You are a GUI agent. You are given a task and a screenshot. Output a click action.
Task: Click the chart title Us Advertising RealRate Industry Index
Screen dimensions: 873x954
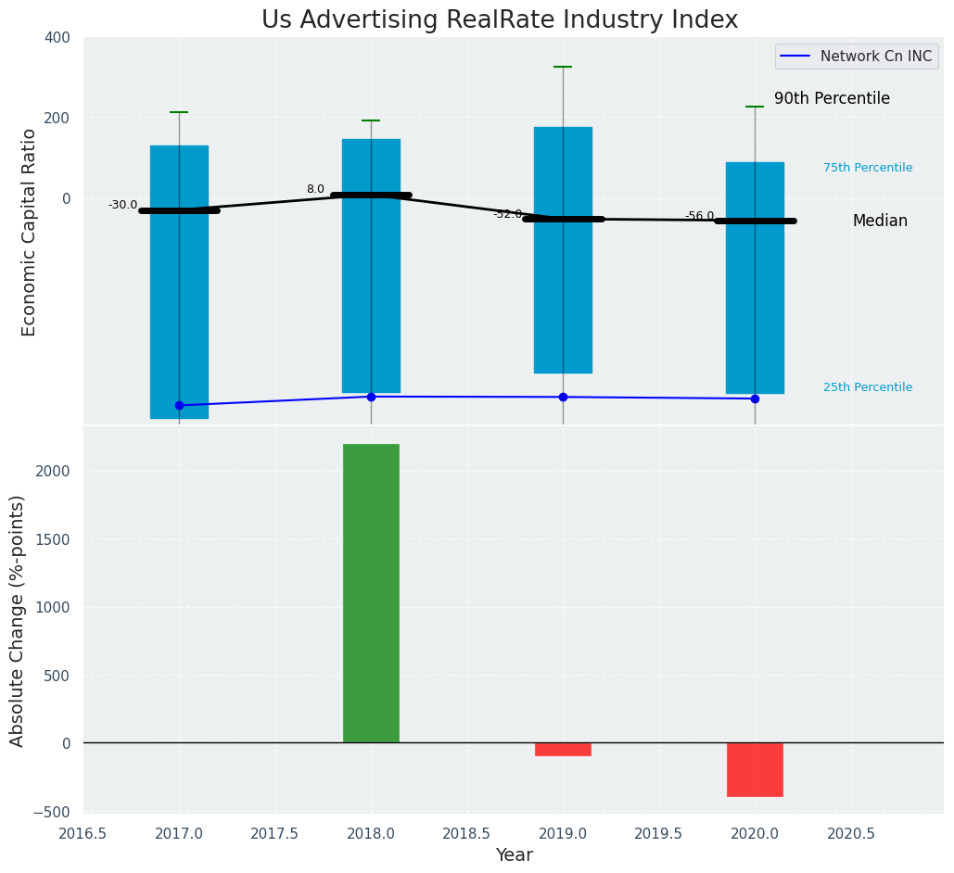pos(500,20)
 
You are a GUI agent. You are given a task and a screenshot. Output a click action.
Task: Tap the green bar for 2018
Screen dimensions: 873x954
pos(371,593)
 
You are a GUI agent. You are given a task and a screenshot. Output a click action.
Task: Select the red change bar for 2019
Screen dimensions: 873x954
pos(563,749)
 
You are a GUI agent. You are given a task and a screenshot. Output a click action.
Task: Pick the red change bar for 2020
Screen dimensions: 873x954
pos(755,769)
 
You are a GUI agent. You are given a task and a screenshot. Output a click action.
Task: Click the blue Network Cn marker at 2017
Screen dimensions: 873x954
pos(179,405)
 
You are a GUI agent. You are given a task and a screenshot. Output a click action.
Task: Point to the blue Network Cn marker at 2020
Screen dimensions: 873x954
pos(755,399)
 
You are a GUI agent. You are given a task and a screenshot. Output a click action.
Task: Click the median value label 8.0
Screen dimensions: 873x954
pos(315,189)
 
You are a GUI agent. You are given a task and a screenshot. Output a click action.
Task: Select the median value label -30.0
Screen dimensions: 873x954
pos(122,205)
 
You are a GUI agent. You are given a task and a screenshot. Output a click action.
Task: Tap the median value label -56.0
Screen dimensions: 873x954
pos(699,216)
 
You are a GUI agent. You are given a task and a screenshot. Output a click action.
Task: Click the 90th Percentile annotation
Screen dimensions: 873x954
pos(832,98)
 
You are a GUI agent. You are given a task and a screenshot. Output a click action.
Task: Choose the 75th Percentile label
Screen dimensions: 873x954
pos(867,168)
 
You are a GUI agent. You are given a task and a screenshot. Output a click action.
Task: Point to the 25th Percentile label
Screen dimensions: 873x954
pos(867,387)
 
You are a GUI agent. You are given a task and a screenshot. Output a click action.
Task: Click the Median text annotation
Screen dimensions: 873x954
pos(880,221)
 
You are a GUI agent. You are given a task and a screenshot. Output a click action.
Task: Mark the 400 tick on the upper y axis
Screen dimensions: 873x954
pos(57,37)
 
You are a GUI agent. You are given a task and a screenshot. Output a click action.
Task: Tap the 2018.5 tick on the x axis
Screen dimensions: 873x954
pos(466,833)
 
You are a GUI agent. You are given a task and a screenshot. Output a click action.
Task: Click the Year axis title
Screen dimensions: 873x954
pos(514,855)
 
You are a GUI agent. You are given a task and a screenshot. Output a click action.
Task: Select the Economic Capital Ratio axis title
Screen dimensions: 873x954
pos(30,232)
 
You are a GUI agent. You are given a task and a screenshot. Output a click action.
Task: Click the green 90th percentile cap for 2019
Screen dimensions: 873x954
pos(563,67)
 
